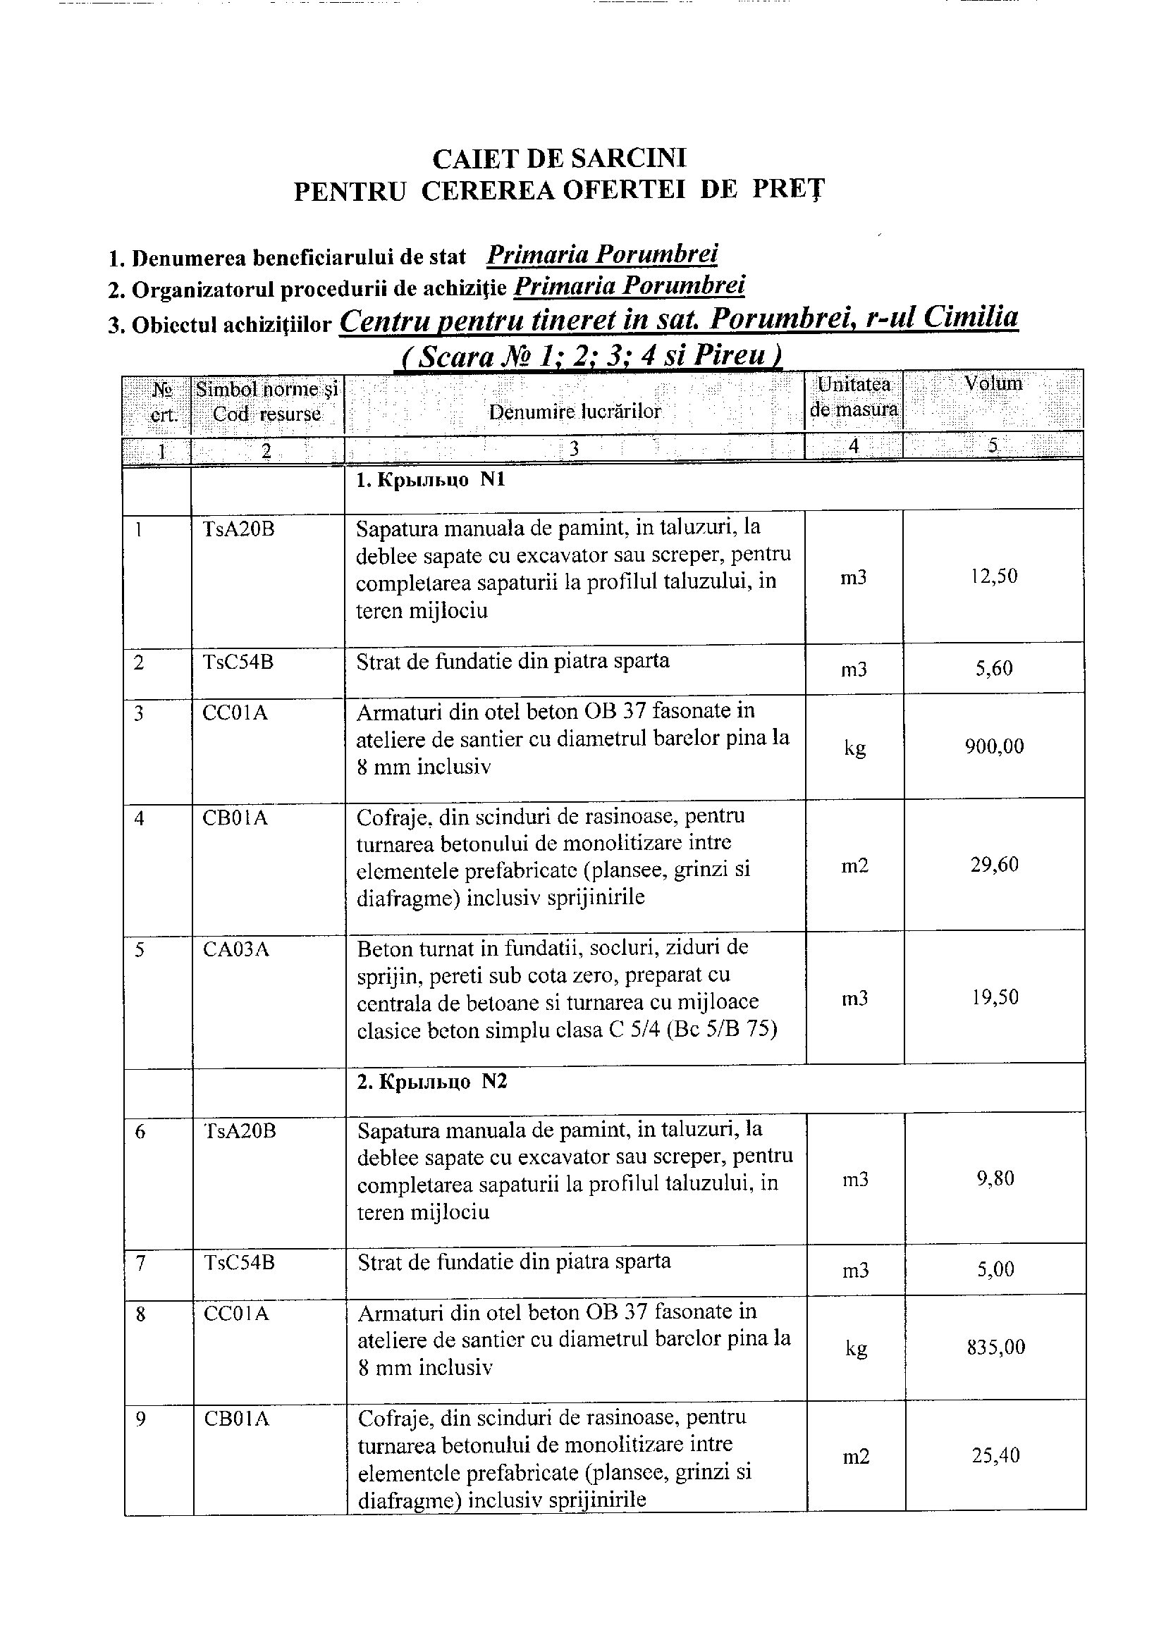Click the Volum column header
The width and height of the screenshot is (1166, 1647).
pos(993,383)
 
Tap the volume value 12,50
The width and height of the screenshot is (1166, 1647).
pos(994,576)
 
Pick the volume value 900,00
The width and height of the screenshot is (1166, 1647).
pos(995,746)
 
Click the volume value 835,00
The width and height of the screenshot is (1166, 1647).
pos(996,1347)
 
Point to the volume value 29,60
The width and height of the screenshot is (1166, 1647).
pos(995,864)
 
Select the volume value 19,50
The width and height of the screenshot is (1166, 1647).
pos(995,997)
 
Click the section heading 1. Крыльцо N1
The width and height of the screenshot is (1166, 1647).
pos(431,479)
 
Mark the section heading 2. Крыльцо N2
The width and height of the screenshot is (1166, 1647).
pos(432,1082)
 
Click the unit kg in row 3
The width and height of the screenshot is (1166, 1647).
pos(854,748)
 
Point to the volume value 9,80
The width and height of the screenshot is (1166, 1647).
pos(995,1178)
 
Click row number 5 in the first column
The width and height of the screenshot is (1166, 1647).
pos(140,950)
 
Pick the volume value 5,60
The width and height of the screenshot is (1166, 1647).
pos(995,668)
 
